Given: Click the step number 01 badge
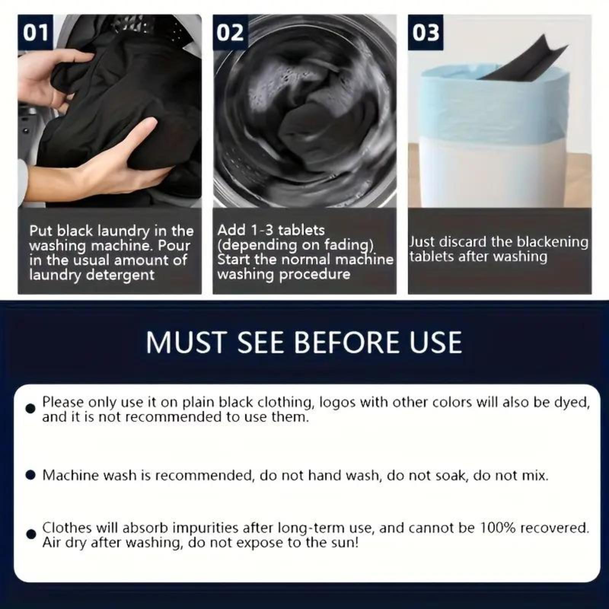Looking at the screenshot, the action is [x=35, y=32].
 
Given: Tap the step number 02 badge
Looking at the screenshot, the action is [x=230, y=32].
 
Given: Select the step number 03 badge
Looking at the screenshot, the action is [x=426, y=32].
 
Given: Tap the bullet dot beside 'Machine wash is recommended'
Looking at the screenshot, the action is [x=30, y=475].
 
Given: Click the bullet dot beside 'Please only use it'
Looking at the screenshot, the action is [x=30, y=409].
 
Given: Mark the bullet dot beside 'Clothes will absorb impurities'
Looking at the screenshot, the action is [x=30, y=534].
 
